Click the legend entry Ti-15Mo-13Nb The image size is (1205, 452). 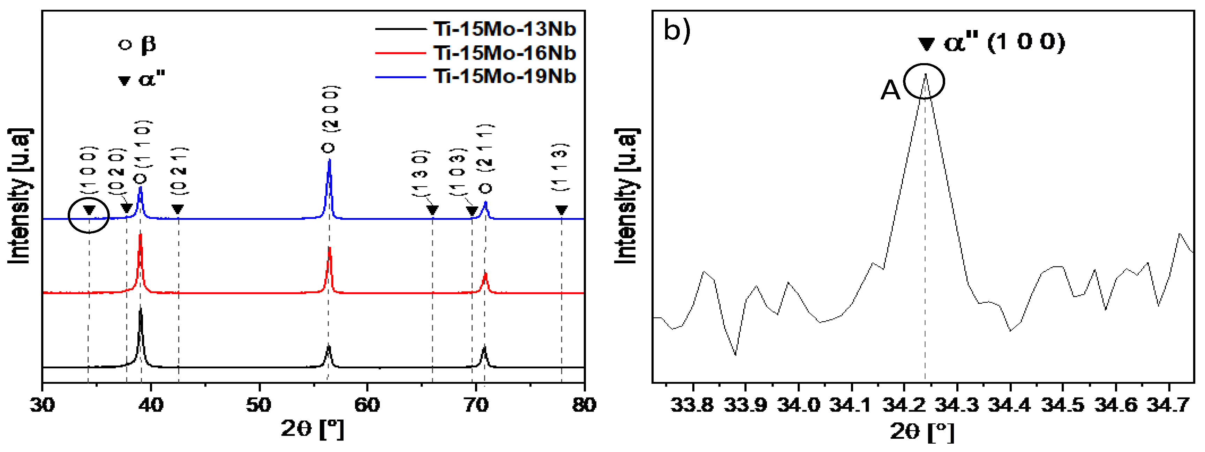[504, 29]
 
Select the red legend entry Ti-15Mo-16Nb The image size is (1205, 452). [504, 53]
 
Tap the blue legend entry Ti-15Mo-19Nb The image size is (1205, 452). [504, 76]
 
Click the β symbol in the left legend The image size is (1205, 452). [148, 45]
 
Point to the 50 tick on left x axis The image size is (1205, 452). [259, 404]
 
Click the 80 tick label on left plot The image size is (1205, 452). [583, 404]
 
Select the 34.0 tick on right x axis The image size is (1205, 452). [798, 404]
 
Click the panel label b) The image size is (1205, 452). [677, 31]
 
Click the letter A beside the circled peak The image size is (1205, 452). [890, 90]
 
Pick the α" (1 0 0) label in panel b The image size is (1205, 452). [1003, 43]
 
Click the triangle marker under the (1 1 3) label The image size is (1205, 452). [561, 210]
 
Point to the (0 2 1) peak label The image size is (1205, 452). [179, 171]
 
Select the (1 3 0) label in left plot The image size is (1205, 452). [420, 173]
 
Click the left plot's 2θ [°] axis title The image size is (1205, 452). [312, 429]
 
